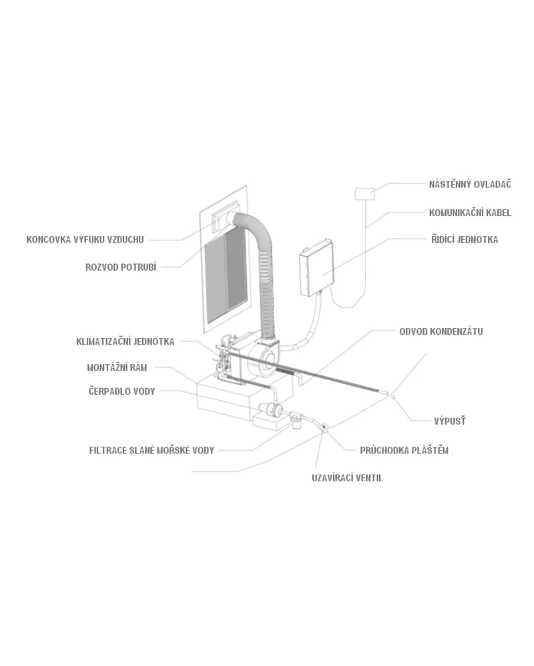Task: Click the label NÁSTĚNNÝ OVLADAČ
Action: (x=470, y=185)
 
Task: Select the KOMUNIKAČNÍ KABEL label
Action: (x=470, y=213)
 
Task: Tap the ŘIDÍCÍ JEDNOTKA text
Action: (x=465, y=239)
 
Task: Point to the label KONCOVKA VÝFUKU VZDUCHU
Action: (x=85, y=239)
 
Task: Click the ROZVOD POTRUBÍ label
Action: (x=121, y=267)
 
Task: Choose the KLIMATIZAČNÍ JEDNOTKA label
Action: (x=125, y=341)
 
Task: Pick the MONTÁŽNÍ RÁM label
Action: (x=117, y=368)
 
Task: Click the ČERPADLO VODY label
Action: (x=121, y=391)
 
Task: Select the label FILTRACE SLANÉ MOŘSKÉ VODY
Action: (x=152, y=450)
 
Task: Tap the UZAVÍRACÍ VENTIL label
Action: (x=347, y=478)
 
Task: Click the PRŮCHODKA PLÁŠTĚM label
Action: (x=405, y=450)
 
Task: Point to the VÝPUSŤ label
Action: (x=450, y=421)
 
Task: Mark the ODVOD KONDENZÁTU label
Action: (x=441, y=331)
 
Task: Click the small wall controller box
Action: (x=364, y=194)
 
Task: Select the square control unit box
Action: (x=316, y=267)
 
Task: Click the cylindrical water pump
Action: (x=271, y=409)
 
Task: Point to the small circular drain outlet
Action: (x=393, y=397)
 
